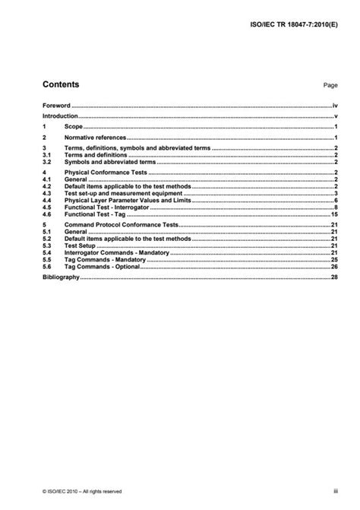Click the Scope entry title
tap(74, 128)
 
